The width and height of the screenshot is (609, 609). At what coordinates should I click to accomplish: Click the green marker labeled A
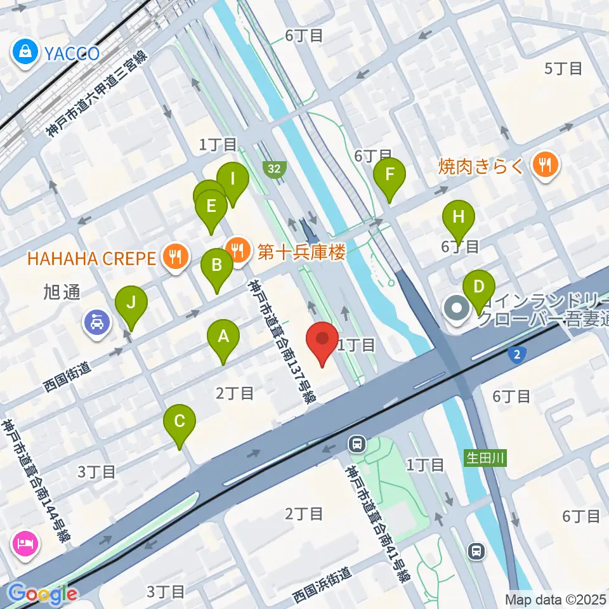pos(223,337)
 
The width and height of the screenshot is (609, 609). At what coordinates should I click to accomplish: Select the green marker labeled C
pos(180,422)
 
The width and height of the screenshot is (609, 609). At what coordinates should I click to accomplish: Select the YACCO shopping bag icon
pos(25,51)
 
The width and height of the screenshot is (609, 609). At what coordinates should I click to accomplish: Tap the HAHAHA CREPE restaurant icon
pos(173,257)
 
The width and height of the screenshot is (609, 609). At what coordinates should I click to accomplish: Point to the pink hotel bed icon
pos(25,543)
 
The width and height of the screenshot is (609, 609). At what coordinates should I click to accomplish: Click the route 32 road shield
pos(275,169)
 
